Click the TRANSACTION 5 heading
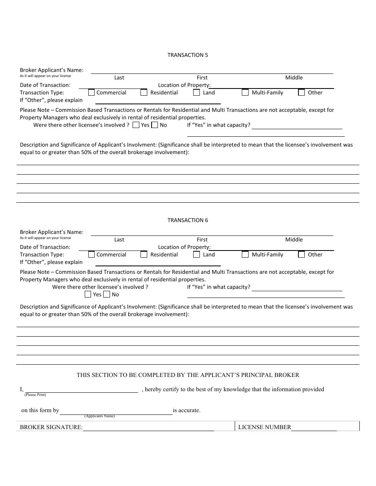(x=188, y=55)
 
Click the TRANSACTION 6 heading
(x=188, y=220)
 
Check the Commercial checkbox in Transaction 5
(x=91, y=92)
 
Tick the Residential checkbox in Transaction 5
(x=144, y=92)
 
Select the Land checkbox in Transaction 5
(x=197, y=92)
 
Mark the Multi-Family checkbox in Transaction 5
(x=245, y=92)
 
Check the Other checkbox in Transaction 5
(x=302, y=92)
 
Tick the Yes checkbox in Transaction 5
(x=136, y=125)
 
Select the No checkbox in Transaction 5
(x=155, y=125)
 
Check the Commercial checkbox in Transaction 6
(x=91, y=254)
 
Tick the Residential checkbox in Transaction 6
(x=144, y=254)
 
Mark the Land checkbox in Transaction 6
(x=197, y=254)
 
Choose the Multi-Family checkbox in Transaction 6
(x=245, y=254)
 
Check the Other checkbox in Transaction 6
(x=302, y=254)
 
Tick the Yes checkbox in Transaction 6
(x=88, y=294)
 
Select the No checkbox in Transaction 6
(x=107, y=294)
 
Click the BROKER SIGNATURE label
(x=51, y=427)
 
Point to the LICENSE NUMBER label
(x=264, y=427)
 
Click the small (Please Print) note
(x=35, y=395)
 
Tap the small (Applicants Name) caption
(x=99, y=416)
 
